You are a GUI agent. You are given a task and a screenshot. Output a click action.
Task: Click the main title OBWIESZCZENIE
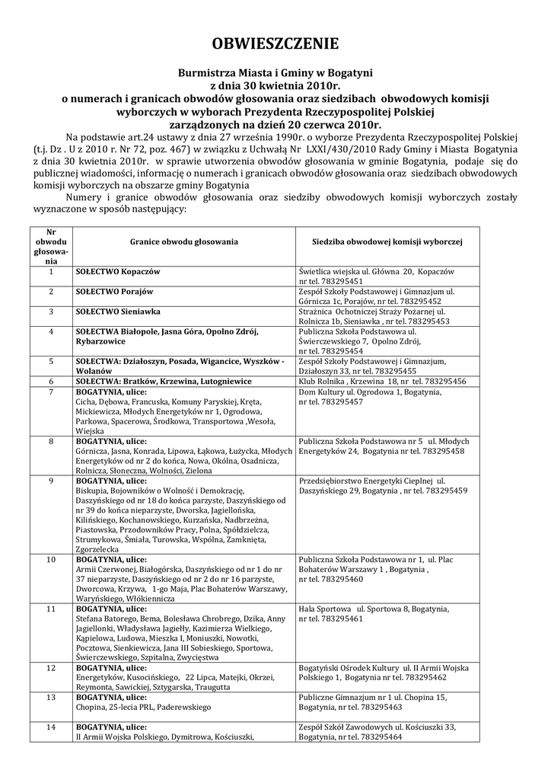coord(275,43)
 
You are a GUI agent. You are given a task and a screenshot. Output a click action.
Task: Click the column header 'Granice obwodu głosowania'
coord(183,241)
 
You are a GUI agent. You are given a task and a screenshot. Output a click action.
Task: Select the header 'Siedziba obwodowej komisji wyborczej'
coord(387,241)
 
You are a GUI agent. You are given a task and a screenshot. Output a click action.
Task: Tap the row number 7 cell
coord(50,391)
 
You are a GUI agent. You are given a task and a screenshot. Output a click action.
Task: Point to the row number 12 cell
coord(50,668)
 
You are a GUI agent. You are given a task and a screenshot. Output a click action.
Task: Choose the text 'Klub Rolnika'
coord(321,381)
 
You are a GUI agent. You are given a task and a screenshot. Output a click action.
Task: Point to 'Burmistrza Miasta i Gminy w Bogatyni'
coord(275,72)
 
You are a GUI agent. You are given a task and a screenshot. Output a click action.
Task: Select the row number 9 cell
coord(50,481)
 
